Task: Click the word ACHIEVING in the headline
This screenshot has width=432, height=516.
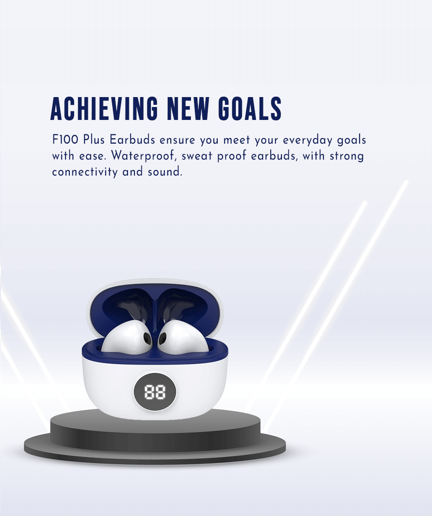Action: [104, 109]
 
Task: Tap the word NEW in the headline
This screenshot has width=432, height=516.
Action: [188, 109]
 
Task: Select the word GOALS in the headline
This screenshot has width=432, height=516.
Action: [250, 109]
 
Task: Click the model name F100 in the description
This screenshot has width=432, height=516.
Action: [65, 139]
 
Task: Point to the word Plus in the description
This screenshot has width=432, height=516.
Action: [94, 139]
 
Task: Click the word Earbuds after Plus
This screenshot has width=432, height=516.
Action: [132, 139]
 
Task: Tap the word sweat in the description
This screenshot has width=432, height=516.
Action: [197, 156]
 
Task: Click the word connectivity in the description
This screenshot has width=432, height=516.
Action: [85, 172]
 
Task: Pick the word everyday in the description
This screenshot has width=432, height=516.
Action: [307, 140]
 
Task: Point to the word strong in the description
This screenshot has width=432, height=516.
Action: [347, 156]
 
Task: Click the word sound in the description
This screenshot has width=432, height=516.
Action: [164, 171]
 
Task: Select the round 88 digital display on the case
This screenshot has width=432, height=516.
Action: [155, 392]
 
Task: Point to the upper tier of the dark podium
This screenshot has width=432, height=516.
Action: [155, 428]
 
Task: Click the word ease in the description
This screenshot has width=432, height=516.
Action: [93, 156]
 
